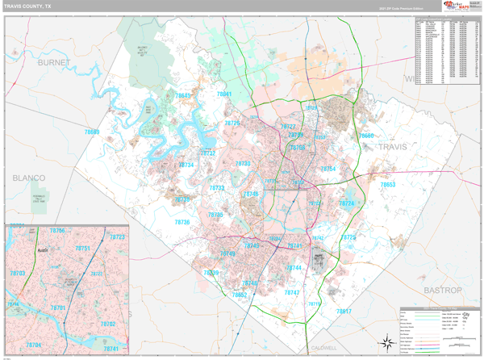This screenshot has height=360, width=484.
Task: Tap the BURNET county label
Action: tap(55, 61)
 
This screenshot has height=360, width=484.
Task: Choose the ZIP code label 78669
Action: tap(92, 132)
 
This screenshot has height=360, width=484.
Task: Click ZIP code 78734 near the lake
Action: tap(186, 165)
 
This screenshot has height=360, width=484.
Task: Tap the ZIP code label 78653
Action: tap(388, 185)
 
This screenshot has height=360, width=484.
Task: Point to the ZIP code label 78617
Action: tap(344, 311)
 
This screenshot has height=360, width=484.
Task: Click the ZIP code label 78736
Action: tap(183, 222)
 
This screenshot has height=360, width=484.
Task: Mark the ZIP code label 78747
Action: tap(291, 292)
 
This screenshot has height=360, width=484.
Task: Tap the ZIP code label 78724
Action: tap(346, 203)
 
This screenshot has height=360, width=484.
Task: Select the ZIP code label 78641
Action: tap(223, 94)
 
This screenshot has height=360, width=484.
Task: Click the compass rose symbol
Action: tap(387, 344)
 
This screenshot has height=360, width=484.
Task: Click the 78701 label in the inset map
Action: tap(58, 308)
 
